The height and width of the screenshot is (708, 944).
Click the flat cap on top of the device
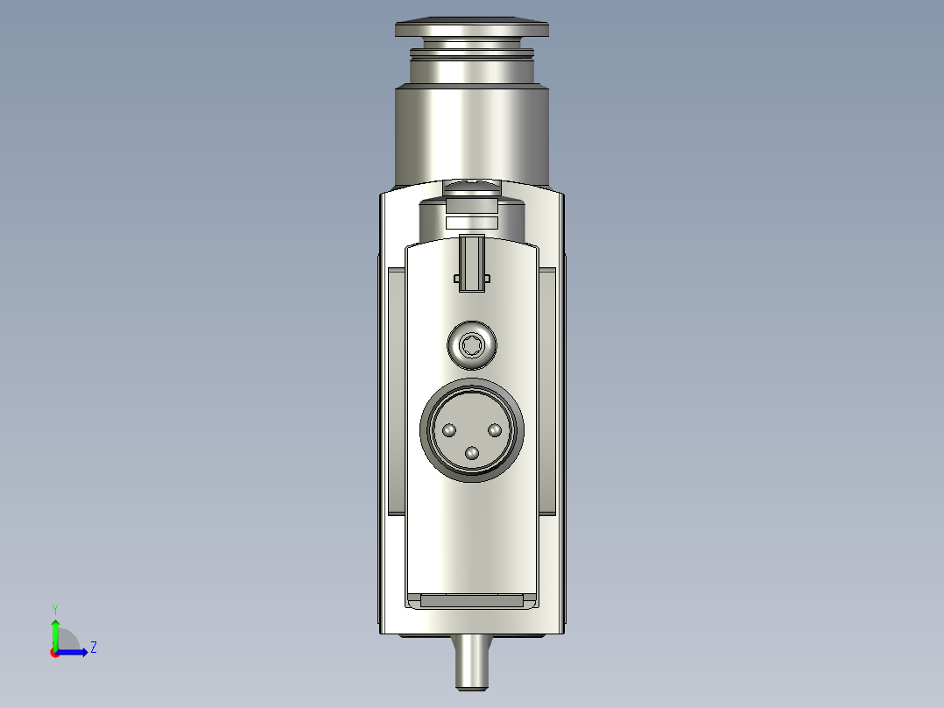472,28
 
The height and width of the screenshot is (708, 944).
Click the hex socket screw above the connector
472,344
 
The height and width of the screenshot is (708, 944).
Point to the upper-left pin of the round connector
449,430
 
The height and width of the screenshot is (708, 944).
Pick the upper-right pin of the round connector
495,430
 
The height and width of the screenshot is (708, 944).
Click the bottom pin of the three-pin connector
473,453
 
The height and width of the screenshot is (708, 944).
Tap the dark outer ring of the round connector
472,386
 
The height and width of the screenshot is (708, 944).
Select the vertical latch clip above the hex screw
472,263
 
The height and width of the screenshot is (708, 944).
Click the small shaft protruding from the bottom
472,662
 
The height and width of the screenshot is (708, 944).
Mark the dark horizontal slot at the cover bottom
472,601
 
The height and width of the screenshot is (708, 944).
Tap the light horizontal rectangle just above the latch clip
472,223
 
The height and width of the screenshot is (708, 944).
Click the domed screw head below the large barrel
472,187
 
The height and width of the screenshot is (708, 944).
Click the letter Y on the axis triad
54,608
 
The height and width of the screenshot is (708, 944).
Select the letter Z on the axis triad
93,648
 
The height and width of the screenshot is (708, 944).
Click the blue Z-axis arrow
74,652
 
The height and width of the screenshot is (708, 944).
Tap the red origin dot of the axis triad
54,653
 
